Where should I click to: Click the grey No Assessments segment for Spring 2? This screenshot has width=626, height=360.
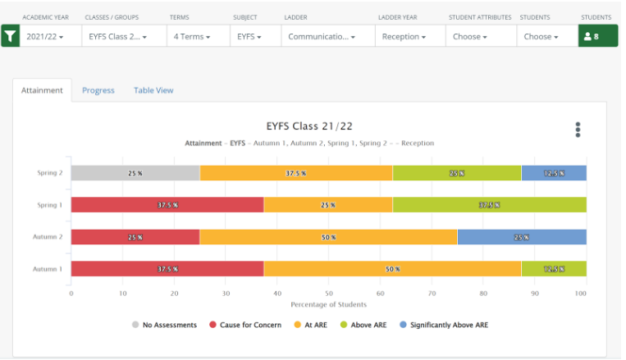[x=135, y=173]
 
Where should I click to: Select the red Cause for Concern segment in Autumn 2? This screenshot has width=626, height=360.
[x=135, y=237]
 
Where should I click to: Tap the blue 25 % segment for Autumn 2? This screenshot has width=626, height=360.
[x=522, y=237]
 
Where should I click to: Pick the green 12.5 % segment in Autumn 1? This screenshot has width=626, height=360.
[x=554, y=269]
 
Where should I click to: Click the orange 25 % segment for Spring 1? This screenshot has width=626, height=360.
[x=328, y=205]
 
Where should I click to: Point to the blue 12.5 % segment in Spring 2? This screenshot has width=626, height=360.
[x=554, y=173]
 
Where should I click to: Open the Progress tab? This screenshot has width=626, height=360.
[x=98, y=90]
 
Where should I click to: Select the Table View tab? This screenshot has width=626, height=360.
[x=153, y=90]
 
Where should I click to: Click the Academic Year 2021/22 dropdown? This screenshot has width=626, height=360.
[x=48, y=37]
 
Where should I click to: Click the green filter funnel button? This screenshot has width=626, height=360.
[x=10, y=37]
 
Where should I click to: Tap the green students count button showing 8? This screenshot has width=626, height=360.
[x=598, y=37]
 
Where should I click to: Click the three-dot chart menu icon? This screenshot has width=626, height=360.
[x=578, y=130]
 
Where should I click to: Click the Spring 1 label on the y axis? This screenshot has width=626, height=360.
[x=49, y=205]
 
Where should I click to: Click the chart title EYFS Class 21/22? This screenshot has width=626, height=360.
[x=309, y=126]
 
